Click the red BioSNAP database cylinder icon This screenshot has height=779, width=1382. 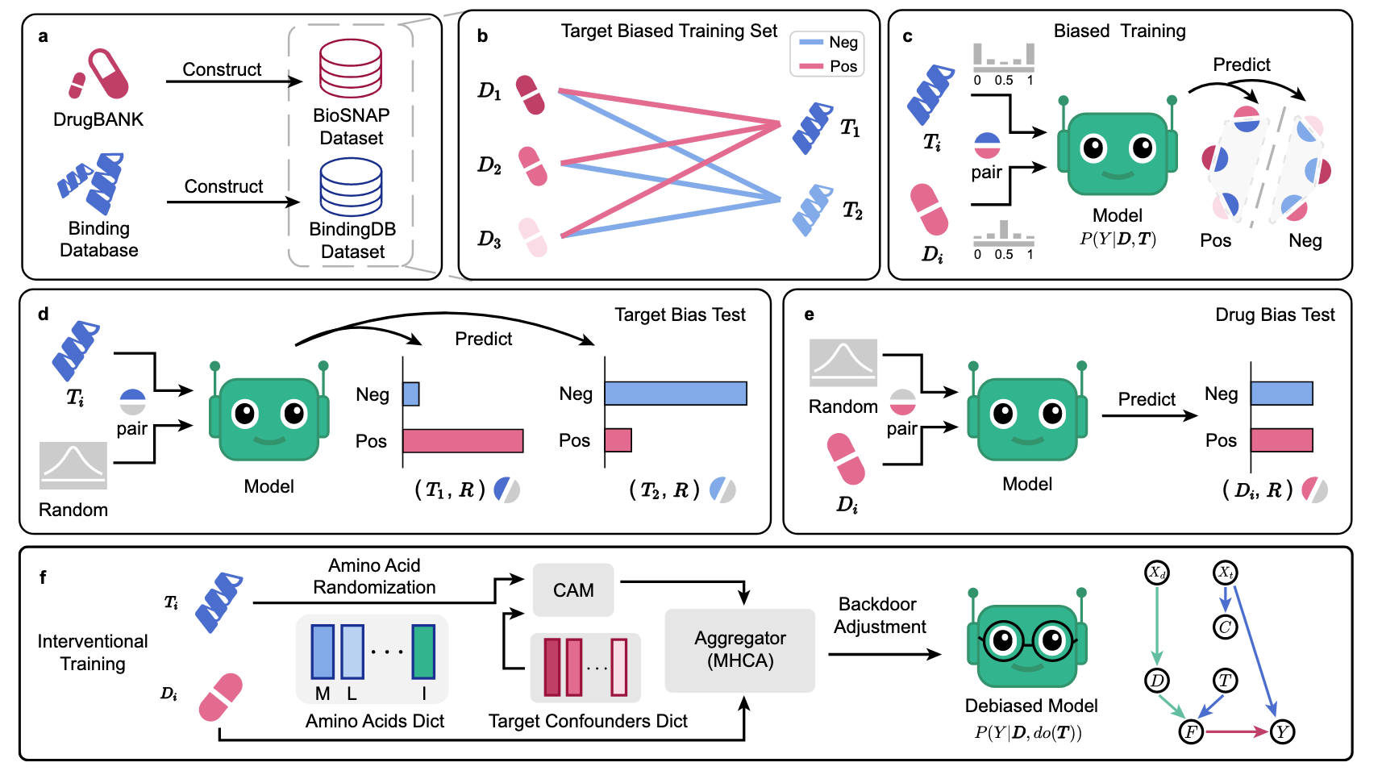(351, 69)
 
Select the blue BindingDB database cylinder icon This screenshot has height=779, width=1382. (351, 186)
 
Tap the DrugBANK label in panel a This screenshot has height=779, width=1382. (98, 119)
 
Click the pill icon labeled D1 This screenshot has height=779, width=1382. (530, 94)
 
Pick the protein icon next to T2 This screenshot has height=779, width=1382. (812, 210)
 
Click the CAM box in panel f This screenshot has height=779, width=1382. (573, 590)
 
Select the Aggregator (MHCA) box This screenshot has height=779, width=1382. (739, 650)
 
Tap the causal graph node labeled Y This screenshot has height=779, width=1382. (1282, 731)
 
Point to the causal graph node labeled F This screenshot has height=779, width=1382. (1191, 731)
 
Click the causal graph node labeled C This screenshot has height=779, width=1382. (1226, 627)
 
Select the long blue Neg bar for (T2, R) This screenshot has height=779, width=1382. (676, 394)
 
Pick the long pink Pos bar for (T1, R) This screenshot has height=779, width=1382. (463, 441)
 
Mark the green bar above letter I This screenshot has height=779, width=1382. (423, 652)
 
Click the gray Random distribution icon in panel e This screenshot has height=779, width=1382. (843, 363)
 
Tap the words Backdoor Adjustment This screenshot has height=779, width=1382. (879, 615)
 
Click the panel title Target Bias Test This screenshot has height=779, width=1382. (680, 315)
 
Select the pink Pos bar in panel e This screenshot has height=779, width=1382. (1282, 440)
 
